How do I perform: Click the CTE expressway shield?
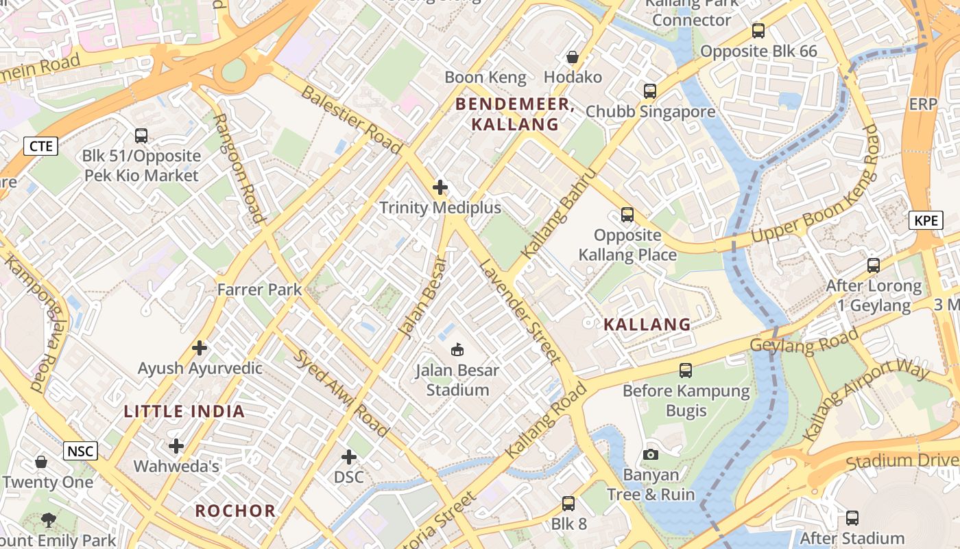tap(40, 146)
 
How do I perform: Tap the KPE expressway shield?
tap(926, 220)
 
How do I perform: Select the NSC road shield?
tap(80, 451)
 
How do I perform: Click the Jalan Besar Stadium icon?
tap(457, 349)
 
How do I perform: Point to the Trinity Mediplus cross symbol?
tap(440, 187)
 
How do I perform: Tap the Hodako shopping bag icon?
tap(572, 57)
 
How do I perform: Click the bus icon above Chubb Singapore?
tap(649, 91)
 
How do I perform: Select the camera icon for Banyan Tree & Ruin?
tap(651, 454)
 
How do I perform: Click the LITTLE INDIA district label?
tap(184, 412)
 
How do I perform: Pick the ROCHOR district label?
tap(235, 511)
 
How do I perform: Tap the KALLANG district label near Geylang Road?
tap(647, 325)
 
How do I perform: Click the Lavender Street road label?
tap(520, 311)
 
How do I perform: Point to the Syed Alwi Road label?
tap(341, 393)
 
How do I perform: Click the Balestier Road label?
tap(351, 119)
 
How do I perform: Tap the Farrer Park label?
tap(259, 290)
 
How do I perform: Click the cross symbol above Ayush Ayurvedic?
tap(200, 348)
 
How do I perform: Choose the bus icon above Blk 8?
tap(568, 504)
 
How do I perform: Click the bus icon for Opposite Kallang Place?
tap(627, 215)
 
